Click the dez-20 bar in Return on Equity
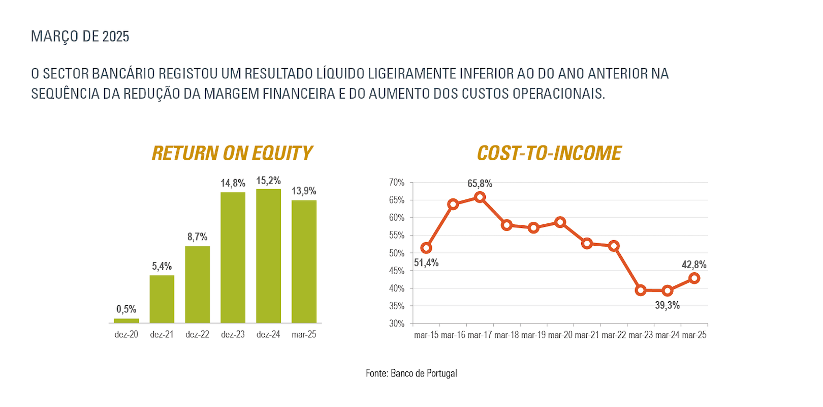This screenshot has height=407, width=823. click(x=126, y=321)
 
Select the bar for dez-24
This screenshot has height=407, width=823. click(x=268, y=256)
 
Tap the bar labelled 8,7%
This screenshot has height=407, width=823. click(x=197, y=284)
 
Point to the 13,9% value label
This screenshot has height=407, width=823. click(x=304, y=191)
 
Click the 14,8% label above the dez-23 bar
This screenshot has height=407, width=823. click(x=233, y=183)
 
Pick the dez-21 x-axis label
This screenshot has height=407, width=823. click(x=162, y=335)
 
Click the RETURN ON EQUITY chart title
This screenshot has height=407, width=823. click(x=232, y=153)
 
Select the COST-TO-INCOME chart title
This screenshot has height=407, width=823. click(x=549, y=153)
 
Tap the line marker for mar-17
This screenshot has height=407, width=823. click(x=480, y=197)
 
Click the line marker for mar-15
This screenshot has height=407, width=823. click(x=426, y=248)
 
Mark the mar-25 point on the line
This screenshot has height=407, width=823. click(x=694, y=278)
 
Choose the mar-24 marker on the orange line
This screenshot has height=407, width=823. click(x=668, y=291)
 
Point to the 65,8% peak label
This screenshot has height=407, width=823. click(x=480, y=184)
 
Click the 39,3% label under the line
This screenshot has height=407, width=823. click(x=667, y=305)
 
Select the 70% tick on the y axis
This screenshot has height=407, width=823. click(x=397, y=183)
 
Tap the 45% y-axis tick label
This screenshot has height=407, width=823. click(x=397, y=271)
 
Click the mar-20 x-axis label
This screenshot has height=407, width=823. click(x=560, y=335)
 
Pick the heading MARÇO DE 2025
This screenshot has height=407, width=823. click(x=80, y=37)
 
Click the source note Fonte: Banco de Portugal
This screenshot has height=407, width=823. click(x=411, y=373)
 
